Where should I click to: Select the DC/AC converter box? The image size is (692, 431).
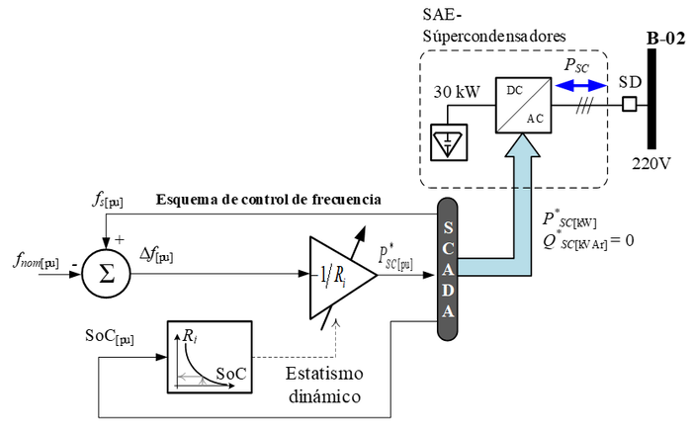[524, 103]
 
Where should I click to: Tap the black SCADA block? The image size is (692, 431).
[449, 267]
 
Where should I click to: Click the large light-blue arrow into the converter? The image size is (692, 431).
[514, 227]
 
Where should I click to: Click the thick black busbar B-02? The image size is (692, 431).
[652, 99]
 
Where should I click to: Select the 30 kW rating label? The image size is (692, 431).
[457, 92]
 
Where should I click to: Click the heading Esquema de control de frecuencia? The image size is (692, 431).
[268, 201]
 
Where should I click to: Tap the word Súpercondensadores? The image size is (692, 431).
[493, 36]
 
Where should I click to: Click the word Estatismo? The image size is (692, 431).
[324, 374]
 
